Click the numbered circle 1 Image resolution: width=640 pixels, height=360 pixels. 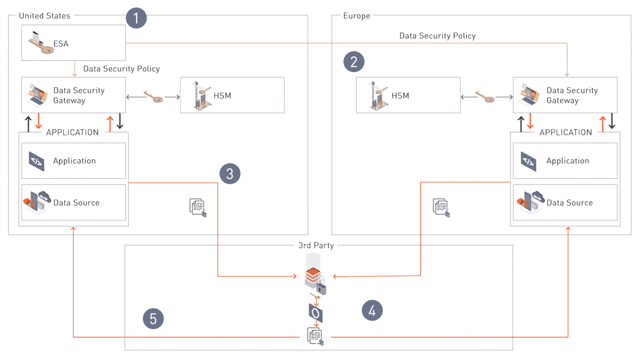[x=136, y=18]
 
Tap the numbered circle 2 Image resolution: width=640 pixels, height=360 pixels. [x=354, y=62]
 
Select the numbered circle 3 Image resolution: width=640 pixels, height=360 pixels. [x=230, y=173]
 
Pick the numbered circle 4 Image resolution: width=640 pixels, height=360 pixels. [x=372, y=311]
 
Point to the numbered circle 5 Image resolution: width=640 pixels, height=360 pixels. [x=153, y=319]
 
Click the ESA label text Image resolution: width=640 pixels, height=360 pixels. [x=61, y=43]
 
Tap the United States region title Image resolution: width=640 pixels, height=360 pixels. [x=44, y=16]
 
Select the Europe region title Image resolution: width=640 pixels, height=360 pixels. [x=357, y=16]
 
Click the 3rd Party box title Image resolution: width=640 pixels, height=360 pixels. [x=316, y=245]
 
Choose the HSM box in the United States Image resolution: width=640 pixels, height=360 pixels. [x=232, y=96]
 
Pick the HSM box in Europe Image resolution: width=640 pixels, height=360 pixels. [x=408, y=96]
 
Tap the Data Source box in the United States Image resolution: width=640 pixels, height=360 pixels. [x=73, y=203]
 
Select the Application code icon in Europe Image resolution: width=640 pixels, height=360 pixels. [x=528, y=161]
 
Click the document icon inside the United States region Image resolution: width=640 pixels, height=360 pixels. [x=198, y=207]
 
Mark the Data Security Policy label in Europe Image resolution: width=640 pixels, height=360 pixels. [x=437, y=36]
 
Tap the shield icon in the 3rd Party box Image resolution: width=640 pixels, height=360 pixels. [x=316, y=314]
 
